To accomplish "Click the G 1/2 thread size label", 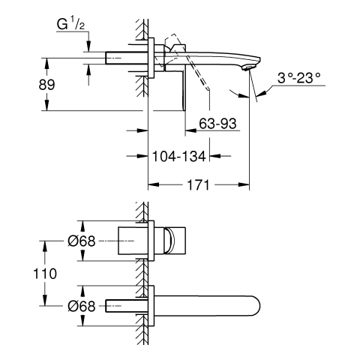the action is (x=70, y=25).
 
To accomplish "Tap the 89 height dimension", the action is (x=46, y=85).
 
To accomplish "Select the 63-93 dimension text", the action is (x=217, y=123).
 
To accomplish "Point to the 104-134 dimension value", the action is (x=179, y=157).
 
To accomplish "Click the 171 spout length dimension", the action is (x=198, y=185).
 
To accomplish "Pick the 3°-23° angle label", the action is (x=299, y=78).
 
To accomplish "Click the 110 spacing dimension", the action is (x=45, y=274).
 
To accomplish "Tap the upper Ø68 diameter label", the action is (x=82, y=241).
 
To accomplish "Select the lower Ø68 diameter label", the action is (x=82, y=306).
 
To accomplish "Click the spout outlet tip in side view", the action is (x=249, y=67).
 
